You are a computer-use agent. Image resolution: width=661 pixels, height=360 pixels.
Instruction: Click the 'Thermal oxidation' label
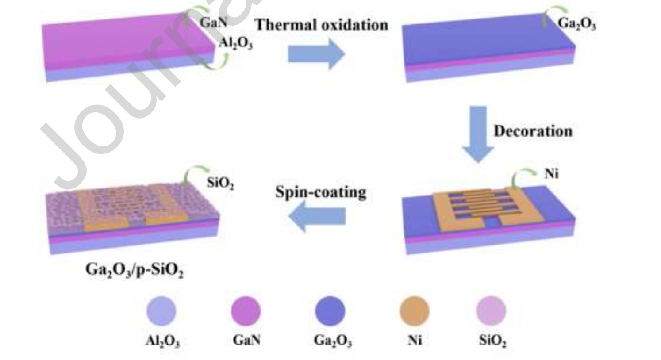pyautogui.click(x=322, y=25)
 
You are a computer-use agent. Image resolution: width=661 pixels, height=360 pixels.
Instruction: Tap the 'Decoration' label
pyautogui.click(x=533, y=131)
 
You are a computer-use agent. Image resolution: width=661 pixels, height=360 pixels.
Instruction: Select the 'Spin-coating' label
pyautogui.click(x=321, y=192)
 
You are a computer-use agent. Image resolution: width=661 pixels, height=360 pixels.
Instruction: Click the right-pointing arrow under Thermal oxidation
pyautogui.click(x=316, y=54)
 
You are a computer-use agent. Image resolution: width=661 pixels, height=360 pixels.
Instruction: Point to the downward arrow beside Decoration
pyautogui.click(x=478, y=134)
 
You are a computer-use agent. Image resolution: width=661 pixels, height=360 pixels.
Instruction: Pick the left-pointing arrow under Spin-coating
pyautogui.click(x=317, y=216)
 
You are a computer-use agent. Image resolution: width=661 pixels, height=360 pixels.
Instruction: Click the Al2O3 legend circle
pyautogui.click(x=161, y=311)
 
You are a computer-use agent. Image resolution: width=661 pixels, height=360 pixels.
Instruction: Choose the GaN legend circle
pyautogui.click(x=246, y=311)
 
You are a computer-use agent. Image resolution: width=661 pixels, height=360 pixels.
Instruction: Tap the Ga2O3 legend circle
pyautogui.click(x=330, y=311)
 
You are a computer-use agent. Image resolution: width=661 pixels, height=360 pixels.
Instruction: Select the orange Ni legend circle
pyautogui.click(x=415, y=311)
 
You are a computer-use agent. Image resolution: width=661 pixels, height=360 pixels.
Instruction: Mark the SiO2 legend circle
pyautogui.click(x=491, y=311)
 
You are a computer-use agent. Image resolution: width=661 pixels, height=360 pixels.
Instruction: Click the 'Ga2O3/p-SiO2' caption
pyautogui.click(x=134, y=270)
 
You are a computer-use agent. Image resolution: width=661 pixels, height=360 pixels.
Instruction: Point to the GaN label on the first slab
pyautogui.click(x=214, y=23)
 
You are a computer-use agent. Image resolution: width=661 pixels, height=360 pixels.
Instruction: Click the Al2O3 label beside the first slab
pyautogui.click(x=236, y=43)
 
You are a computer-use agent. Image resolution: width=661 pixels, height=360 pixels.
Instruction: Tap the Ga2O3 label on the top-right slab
pyautogui.click(x=576, y=23)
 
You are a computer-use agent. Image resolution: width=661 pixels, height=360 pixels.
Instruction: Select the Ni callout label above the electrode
pyautogui.click(x=552, y=173)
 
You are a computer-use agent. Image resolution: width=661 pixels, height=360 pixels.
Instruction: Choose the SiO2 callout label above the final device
pyautogui.click(x=220, y=183)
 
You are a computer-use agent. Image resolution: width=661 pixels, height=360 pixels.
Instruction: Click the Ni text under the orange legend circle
pyautogui.click(x=415, y=340)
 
